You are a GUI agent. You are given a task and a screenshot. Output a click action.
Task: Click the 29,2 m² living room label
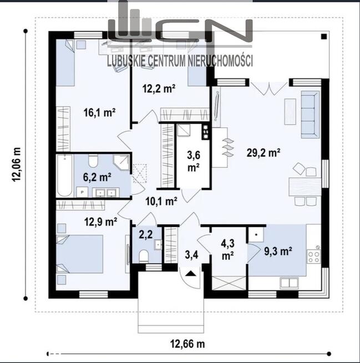coord(263,153)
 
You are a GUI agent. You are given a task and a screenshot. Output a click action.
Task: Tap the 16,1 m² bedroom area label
coord(99,113)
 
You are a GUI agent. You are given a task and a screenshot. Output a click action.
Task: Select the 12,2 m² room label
coord(159,88)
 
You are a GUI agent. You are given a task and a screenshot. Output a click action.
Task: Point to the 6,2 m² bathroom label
coord(97,177)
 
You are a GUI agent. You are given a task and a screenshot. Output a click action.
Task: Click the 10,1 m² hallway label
coord(161,201)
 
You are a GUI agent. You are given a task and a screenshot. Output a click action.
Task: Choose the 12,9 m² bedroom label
coord(100,222)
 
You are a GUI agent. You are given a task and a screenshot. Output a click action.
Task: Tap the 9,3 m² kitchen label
coord(278,251)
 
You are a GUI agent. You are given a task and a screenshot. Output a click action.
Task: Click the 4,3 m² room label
coord(227,250)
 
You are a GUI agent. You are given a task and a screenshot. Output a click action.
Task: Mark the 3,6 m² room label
coord(194,162)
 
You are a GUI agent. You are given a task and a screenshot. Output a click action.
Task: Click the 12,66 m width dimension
coord(187,344)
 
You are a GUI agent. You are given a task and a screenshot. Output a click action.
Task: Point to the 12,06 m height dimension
coord(17,165)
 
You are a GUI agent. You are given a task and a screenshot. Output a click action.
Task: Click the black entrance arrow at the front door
coord(191,274)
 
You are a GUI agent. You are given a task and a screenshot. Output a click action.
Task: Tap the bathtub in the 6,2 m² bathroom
coord(64,176)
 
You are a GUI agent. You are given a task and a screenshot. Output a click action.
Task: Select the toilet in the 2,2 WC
coord(144,256)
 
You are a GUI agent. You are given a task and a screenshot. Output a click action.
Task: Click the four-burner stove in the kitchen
coord(314,257)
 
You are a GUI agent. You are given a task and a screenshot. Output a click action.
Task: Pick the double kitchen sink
coord(289,283)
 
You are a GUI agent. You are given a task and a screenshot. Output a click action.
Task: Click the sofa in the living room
coord(310,114)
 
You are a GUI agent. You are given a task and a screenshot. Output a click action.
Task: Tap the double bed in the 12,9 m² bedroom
coord(79,254)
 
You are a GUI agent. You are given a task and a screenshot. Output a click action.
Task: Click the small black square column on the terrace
coord(324,36)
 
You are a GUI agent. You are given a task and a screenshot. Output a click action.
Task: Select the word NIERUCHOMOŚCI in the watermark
coord(220,61)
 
